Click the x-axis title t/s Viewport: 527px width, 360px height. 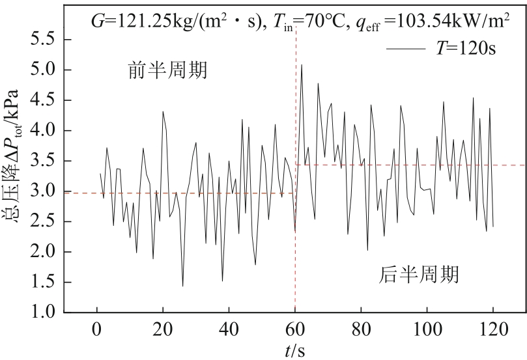pos(294,350)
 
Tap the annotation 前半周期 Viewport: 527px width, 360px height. pos(167,70)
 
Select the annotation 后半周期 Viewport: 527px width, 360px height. pos(419,273)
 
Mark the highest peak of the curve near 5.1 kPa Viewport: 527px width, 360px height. pos(301,64)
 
